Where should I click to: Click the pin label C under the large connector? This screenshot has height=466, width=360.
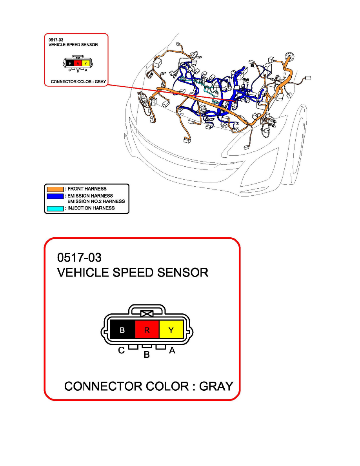(122, 351)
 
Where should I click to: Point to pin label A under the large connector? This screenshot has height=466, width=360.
(171, 351)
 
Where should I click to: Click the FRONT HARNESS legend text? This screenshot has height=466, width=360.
(87, 189)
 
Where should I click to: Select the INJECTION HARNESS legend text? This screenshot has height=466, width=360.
(91, 208)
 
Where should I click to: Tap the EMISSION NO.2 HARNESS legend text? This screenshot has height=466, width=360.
(96, 202)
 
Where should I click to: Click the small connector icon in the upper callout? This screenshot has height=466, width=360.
(78, 63)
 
